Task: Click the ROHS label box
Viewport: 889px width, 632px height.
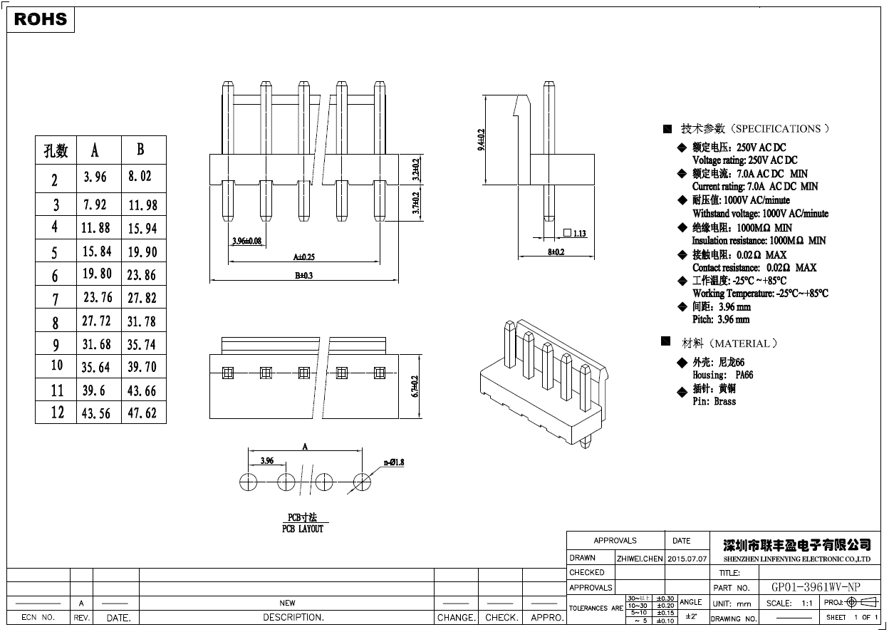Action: pyautogui.click(x=41, y=19)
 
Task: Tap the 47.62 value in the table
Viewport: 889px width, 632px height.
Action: pyautogui.click(x=142, y=413)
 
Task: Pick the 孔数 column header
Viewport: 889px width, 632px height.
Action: pyautogui.click(x=56, y=150)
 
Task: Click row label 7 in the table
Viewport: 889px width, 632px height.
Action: pyautogui.click(x=56, y=299)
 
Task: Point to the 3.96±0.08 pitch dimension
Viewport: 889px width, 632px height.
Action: pyautogui.click(x=246, y=241)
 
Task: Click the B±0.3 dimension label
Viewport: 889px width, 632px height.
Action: pyautogui.click(x=304, y=275)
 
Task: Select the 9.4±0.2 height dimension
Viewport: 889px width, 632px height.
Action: pyautogui.click(x=480, y=140)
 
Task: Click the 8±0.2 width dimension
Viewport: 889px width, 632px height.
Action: pyautogui.click(x=556, y=252)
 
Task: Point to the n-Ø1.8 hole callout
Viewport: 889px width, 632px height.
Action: pyautogui.click(x=394, y=462)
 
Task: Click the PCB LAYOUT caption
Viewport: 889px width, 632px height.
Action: pyautogui.click(x=303, y=529)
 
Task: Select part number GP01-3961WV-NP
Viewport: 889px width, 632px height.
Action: pyautogui.click(x=816, y=587)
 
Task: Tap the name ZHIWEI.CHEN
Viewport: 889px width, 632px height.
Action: pyautogui.click(x=639, y=558)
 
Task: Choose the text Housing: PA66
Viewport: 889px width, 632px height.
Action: pyautogui.click(x=722, y=375)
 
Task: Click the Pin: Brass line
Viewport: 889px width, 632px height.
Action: pyautogui.click(x=714, y=401)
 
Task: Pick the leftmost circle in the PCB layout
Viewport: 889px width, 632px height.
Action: pyautogui.click(x=248, y=481)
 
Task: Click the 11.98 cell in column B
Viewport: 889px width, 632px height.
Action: pyautogui.click(x=142, y=205)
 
